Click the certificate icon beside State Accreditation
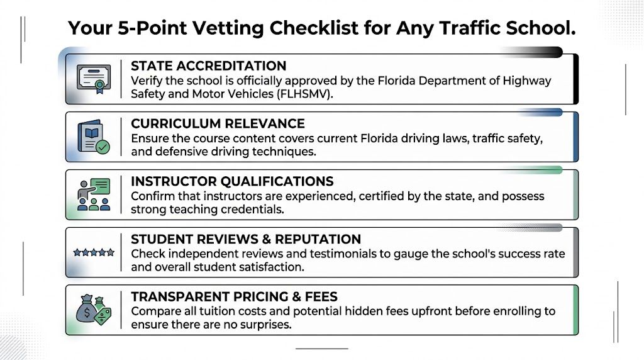[x=94, y=79]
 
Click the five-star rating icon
[x=94, y=252]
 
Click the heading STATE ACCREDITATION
[x=208, y=66]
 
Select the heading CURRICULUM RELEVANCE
[x=218, y=124]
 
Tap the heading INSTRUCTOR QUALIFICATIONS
[x=232, y=182]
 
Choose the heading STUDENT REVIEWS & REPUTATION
[x=246, y=240]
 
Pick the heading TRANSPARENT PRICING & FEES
[x=234, y=297]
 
